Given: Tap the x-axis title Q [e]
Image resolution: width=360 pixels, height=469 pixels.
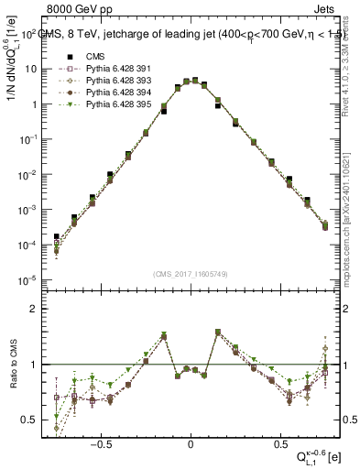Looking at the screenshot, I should pos(319,457).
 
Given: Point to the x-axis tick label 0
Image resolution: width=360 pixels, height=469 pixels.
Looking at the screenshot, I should pos(191,441).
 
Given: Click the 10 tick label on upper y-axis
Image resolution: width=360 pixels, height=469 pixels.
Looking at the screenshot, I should pos(30,69).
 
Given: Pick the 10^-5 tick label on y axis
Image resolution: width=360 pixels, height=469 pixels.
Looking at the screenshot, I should pos(27,280).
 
